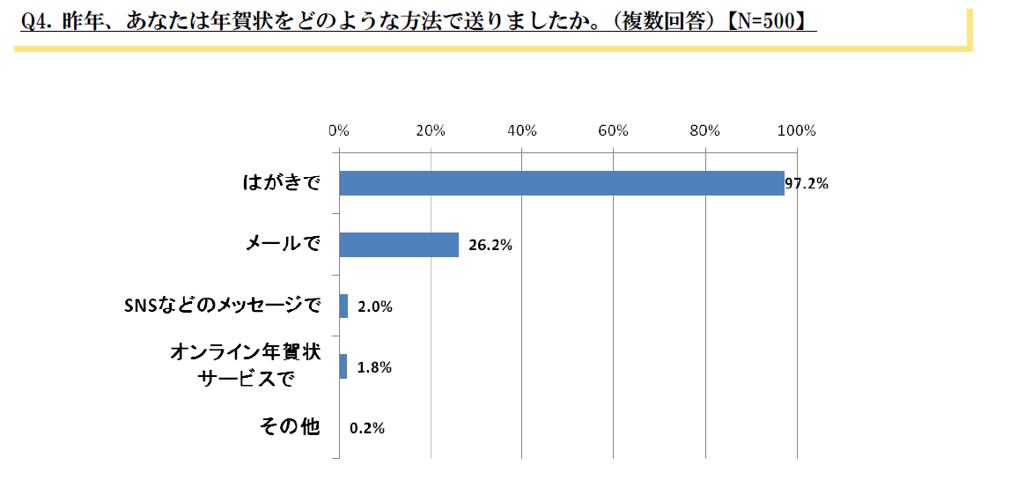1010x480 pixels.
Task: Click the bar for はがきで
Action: (x=561, y=183)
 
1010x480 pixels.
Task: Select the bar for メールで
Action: (x=399, y=245)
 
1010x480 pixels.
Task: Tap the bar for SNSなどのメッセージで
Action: (x=343, y=306)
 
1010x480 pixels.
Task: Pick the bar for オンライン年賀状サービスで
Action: (x=343, y=366)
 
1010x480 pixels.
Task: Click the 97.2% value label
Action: (x=807, y=185)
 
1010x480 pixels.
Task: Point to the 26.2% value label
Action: (x=490, y=246)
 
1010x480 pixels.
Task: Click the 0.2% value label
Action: (x=367, y=429)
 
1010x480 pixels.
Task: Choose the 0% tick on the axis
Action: (x=338, y=131)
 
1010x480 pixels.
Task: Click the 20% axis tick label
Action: (x=430, y=131)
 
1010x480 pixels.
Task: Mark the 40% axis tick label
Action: (x=521, y=131)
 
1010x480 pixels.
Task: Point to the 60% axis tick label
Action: (x=613, y=131)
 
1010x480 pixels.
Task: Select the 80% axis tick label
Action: (x=705, y=131)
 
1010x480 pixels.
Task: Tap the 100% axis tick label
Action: (x=797, y=131)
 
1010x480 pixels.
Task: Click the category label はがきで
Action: (x=281, y=183)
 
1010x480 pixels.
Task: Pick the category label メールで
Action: (x=282, y=245)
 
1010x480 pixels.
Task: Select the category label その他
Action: (x=289, y=428)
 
